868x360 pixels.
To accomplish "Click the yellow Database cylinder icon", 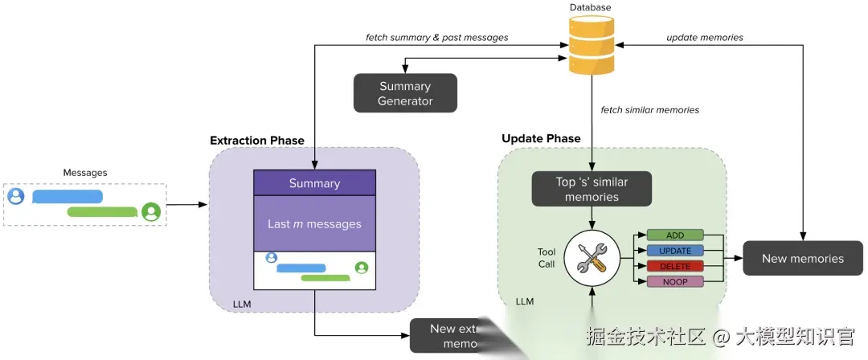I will pos(591,45).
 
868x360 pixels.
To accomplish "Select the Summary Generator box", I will pos(405,93).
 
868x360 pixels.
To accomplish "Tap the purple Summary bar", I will pos(314,183).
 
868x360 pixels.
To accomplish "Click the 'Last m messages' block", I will pos(314,224).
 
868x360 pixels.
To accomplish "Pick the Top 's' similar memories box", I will pos(592,189).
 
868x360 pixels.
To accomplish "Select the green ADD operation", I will pos(675,235).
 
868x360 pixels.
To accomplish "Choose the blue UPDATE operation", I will pos(675,251).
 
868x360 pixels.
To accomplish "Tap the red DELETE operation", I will pos(675,266).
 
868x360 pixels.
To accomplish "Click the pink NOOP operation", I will pos(675,281).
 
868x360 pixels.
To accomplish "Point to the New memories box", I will pos(802,258).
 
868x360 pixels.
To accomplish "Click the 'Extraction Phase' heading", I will pos(257,141).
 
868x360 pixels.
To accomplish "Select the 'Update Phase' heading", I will pos(541,138).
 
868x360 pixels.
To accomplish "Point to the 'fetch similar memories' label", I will pos(650,109).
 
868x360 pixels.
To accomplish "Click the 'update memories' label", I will pos(704,37).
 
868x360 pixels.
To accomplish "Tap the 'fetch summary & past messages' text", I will pos(436,37).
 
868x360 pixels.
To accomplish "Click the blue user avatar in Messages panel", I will pos(15,196).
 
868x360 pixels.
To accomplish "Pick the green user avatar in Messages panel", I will pos(150,212).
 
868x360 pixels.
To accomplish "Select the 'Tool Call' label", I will pos(547,258).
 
